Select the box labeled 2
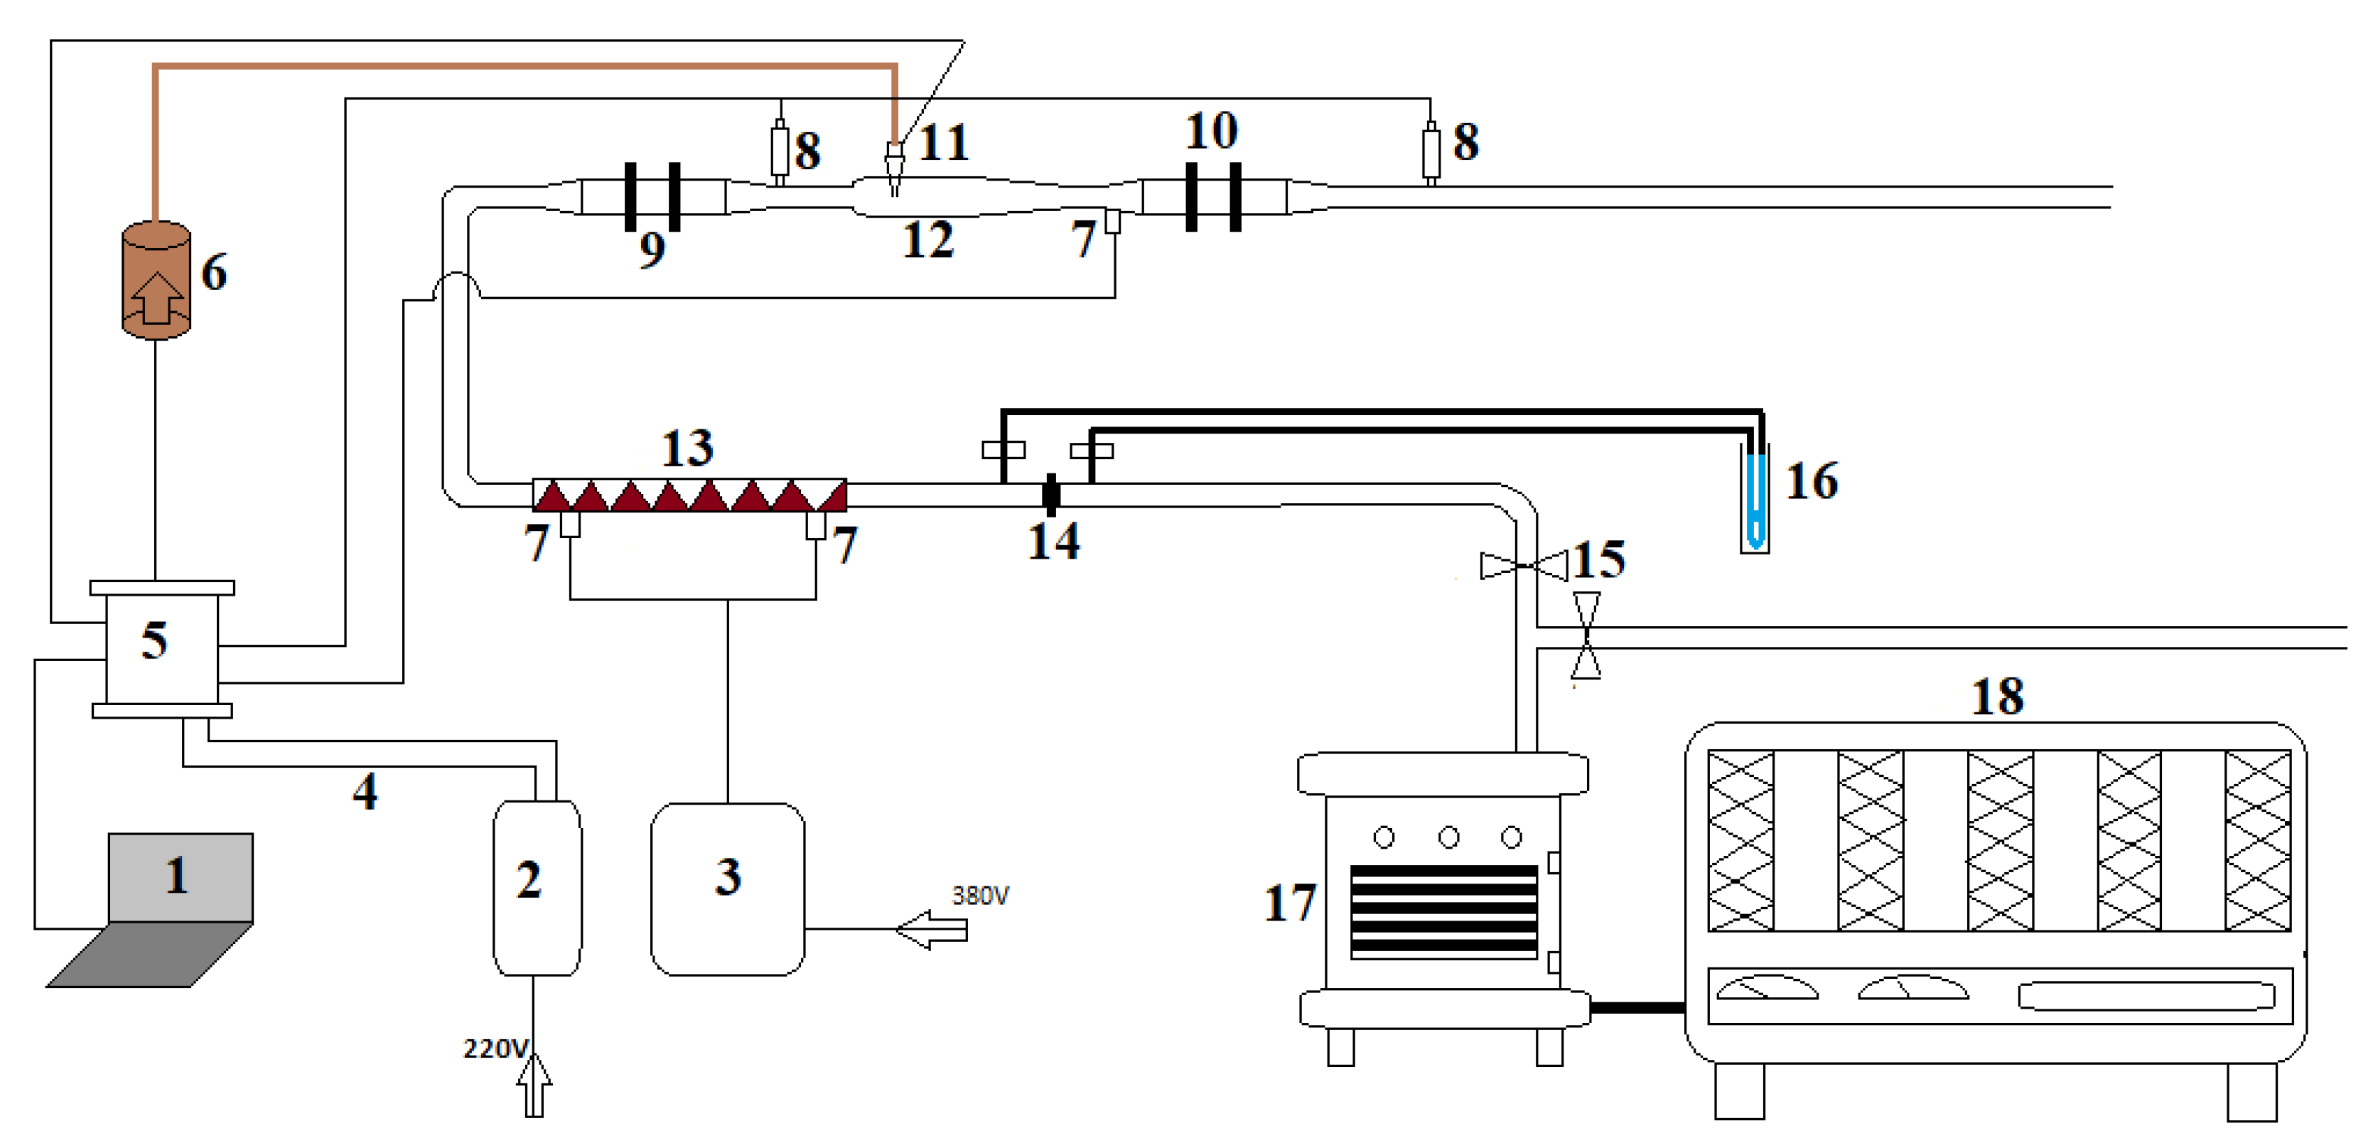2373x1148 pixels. [537, 886]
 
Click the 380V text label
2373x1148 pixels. [979, 896]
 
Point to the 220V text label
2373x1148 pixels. [495, 1048]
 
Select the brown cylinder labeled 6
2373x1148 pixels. [156, 281]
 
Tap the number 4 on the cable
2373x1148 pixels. [365, 791]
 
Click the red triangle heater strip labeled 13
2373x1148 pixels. [689, 495]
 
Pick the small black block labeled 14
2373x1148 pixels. [1051, 495]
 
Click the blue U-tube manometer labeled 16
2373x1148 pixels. [1755, 498]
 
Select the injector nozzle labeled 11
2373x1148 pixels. [893, 166]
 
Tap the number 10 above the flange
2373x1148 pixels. [1210, 131]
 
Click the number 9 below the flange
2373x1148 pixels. [652, 249]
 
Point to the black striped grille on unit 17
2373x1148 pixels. [1443, 911]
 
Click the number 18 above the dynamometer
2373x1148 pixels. [1996, 697]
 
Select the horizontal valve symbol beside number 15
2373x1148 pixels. [1523, 566]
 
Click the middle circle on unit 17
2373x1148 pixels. [1448, 837]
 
